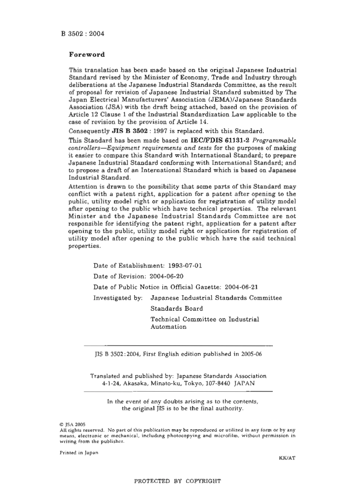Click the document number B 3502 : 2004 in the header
coord(82,33)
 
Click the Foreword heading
coord(87,54)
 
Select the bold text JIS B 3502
coord(129,131)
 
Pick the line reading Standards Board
coord(177,308)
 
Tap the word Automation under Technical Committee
coord(168,327)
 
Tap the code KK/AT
coord(287,458)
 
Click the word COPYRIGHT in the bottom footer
coord(203,481)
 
